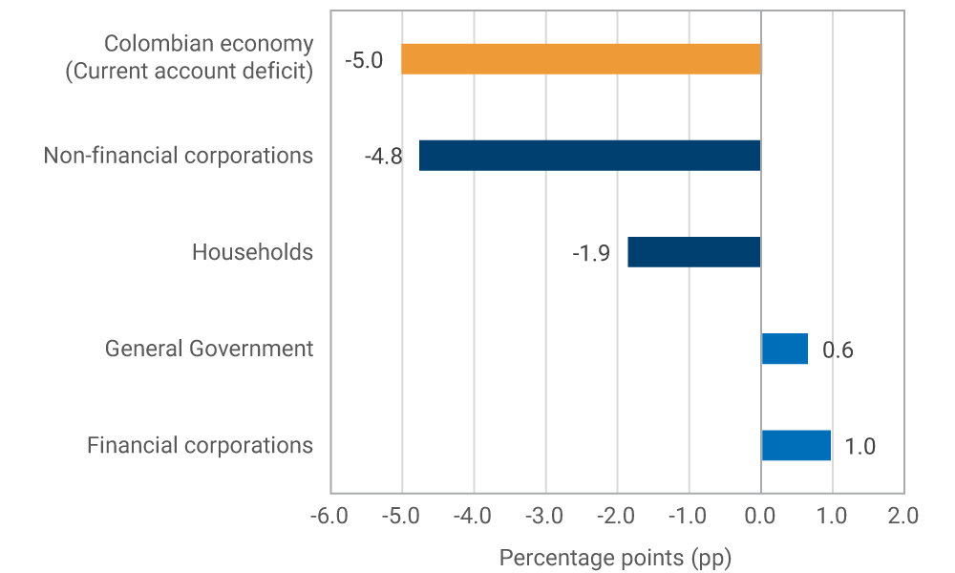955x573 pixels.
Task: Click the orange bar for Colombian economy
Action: coord(581,59)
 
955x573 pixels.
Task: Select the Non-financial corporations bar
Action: coord(589,156)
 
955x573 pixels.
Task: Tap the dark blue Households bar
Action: coord(693,252)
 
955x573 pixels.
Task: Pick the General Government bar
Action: coord(784,349)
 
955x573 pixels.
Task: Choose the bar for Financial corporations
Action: coord(796,445)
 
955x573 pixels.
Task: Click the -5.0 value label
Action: coord(364,60)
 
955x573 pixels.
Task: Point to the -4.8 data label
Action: coord(382,157)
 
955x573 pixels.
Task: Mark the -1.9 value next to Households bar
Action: coord(591,253)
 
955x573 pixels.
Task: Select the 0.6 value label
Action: coord(838,350)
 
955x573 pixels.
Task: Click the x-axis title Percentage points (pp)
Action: coord(615,557)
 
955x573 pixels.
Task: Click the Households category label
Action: coord(252,252)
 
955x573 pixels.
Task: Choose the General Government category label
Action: coord(208,349)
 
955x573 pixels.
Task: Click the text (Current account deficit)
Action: coord(189,72)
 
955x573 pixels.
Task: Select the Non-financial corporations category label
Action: coord(178,156)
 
